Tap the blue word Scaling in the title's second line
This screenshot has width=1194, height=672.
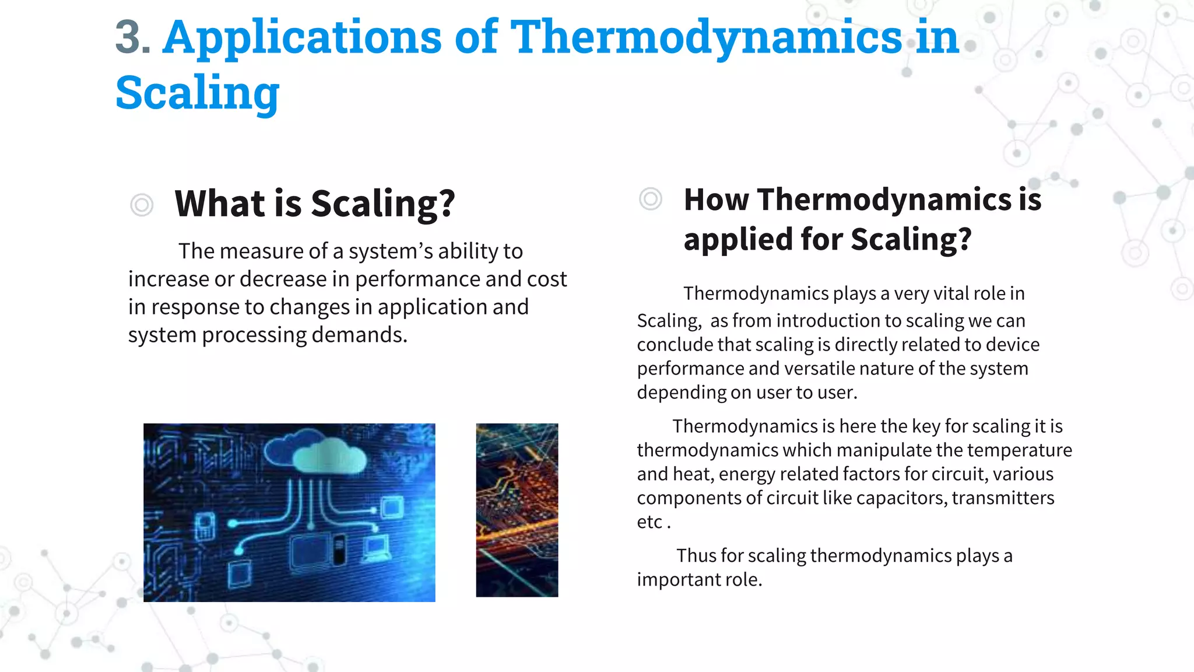198,93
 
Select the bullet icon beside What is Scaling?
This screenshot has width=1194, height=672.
142,205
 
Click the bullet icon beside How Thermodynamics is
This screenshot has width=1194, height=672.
651,199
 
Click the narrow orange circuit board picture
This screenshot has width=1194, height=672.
517,510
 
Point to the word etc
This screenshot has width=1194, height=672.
649,522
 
